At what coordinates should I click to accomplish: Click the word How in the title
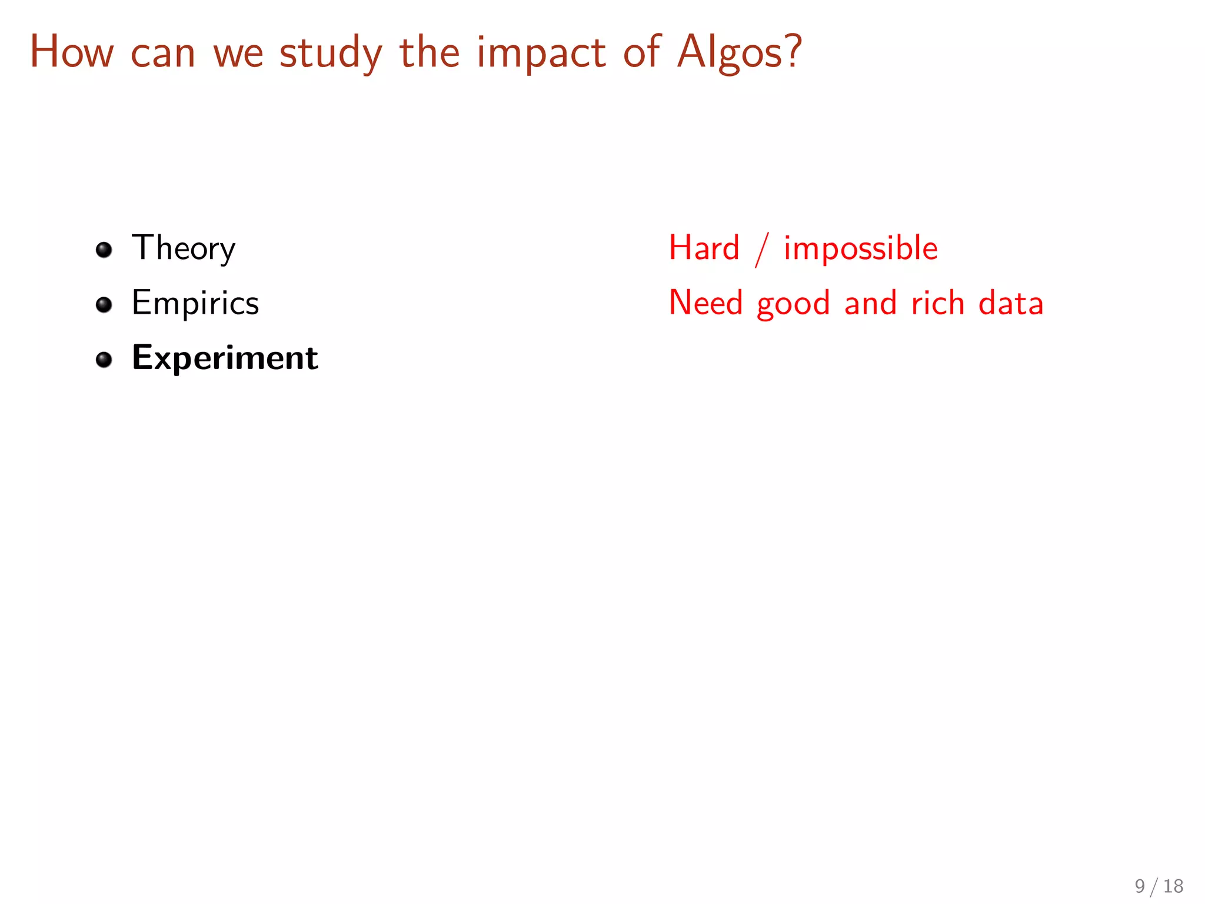[71, 52]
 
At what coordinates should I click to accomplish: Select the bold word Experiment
[225, 358]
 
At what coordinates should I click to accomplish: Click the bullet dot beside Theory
[104, 250]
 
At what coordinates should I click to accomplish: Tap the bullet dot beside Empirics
[104, 305]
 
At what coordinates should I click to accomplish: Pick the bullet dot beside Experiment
[104, 359]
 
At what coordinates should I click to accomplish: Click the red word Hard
[704, 248]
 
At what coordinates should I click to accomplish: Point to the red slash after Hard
[762, 250]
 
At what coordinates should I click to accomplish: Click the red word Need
[705, 303]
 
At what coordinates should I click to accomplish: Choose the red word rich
[937, 303]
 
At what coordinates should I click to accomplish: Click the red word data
[1011, 303]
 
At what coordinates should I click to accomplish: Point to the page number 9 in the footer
[1140, 886]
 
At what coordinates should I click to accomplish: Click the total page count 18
[1173, 886]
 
